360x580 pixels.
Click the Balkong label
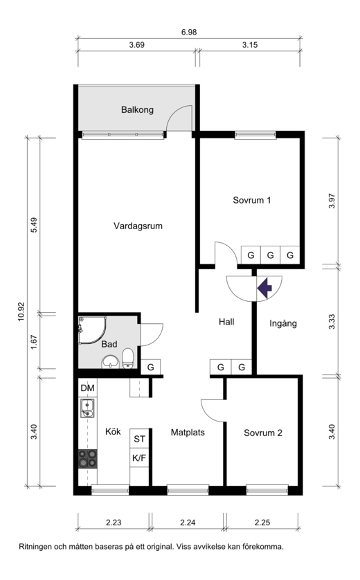pos(137,110)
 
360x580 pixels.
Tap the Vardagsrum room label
pos(138,226)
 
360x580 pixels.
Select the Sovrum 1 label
pos(252,200)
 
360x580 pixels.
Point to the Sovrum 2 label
pos(263,433)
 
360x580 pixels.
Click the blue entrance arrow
pos(265,288)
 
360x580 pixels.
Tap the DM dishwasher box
pos(88,388)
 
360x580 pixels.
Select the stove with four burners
pos(88,459)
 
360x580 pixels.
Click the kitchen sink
pos(87,408)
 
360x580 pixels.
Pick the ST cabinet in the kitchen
pos(139,439)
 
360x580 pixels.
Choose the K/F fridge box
pos(139,458)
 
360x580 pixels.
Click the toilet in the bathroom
pos(128,359)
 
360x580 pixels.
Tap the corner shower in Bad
pos(92,330)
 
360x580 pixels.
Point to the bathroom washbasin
pos(110,362)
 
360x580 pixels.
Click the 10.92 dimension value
pos(21,312)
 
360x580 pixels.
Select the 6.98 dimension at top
pos(189,32)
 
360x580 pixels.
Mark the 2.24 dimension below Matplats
pos(188,523)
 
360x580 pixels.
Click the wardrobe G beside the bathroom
pos(151,368)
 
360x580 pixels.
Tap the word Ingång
pos(283,324)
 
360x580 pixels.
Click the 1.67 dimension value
pos(34,342)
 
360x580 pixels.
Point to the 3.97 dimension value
pos(332,201)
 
